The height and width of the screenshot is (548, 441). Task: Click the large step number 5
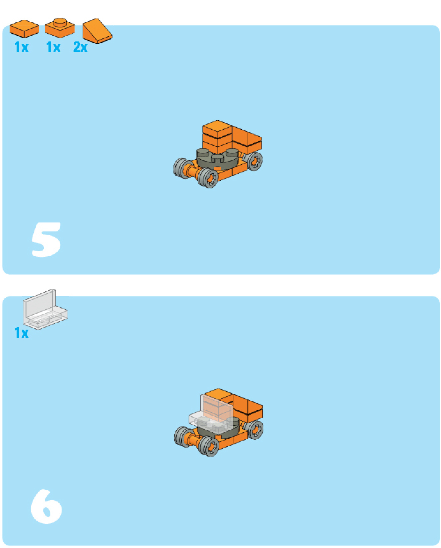click(46, 240)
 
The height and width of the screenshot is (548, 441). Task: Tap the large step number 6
click(47, 507)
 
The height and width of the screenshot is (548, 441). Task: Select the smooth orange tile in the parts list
click(24, 28)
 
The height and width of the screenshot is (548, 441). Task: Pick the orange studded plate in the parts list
click(60, 28)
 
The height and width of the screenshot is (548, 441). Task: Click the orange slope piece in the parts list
click(97, 31)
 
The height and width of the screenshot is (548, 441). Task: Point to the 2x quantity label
click(80, 47)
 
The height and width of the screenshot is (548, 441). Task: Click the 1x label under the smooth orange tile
click(21, 47)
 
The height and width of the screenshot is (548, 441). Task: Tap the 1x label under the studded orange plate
click(53, 47)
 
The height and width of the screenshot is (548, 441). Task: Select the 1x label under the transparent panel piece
click(21, 333)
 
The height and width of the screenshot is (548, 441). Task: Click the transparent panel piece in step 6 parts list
click(45, 310)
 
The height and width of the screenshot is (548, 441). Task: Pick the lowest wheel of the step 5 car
click(208, 178)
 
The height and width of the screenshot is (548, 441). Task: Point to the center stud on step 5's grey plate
click(218, 158)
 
